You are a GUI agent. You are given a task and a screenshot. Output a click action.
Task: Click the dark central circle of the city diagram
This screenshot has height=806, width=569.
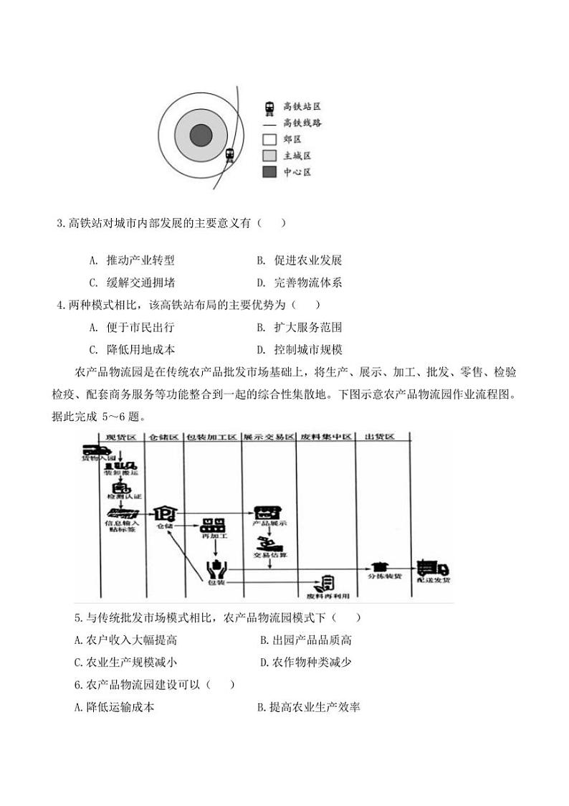[201, 136]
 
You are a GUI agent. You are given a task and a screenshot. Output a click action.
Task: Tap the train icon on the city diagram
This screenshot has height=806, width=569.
[229, 154]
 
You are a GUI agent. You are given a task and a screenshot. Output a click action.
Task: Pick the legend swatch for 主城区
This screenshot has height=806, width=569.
[269, 156]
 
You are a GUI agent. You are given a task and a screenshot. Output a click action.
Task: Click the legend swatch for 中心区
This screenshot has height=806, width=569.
[269, 172]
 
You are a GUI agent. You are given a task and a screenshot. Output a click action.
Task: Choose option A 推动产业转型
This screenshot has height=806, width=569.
[131, 261]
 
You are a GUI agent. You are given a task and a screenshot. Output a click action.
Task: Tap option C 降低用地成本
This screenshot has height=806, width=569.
[131, 349]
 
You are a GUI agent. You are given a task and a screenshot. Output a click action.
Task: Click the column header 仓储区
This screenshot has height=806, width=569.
[164, 437]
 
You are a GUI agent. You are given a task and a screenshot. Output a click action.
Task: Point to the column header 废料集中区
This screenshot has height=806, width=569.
[325, 437]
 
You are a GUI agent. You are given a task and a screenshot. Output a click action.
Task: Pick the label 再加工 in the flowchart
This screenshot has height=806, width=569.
[213, 537]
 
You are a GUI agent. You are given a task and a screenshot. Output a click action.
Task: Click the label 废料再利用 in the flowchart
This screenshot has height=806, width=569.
[327, 595]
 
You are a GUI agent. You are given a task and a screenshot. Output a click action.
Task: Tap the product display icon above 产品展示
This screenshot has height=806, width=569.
[269, 513]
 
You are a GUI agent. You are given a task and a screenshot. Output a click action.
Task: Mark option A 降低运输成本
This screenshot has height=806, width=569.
[115, 708]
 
